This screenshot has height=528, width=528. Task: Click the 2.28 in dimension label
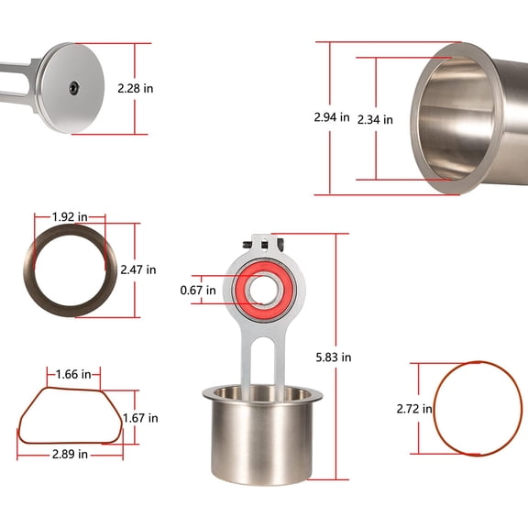pyautogui.click(x=135, y=88)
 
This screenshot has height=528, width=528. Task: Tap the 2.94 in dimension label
pyautogui.click(x=331, y=118)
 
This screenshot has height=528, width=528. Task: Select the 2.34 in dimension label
pyautogui.click(x=375, y=119)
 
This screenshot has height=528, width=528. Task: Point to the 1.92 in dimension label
pyautogui.click(x=70, y=217)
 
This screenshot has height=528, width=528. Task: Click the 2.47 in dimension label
pyautogui.click(x=138, y=269)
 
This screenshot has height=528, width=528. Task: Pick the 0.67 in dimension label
pyautogui.click(x=198, y=291)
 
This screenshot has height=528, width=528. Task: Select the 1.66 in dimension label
pyautogui.click(x=73, y=374)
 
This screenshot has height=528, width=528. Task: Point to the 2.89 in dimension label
pyautogui.click(x=70, y=454)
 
